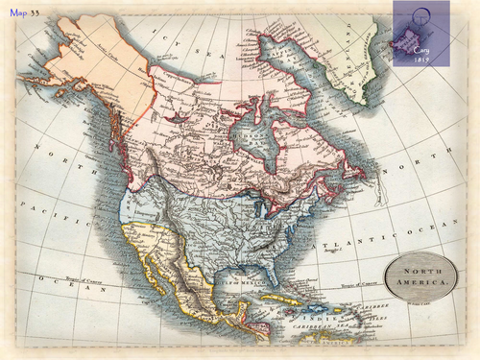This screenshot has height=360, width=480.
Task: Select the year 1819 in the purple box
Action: pyautogui.click(x=420, y=59)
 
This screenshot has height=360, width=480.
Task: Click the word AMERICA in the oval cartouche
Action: pyautogui.click(x=420, y=283)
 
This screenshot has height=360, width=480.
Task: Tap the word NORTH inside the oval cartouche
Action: pyautogui.click(x=420, y=272)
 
